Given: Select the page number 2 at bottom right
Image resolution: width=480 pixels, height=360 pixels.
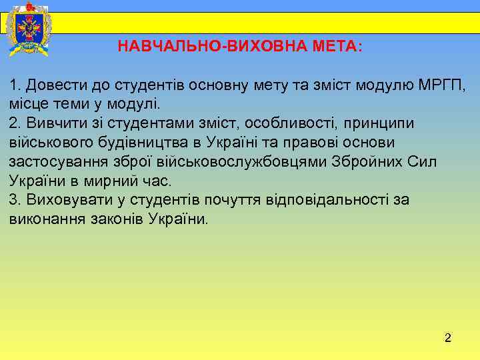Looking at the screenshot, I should (448, 339).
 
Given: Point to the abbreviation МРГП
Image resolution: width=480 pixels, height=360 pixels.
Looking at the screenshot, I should (442, 85).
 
